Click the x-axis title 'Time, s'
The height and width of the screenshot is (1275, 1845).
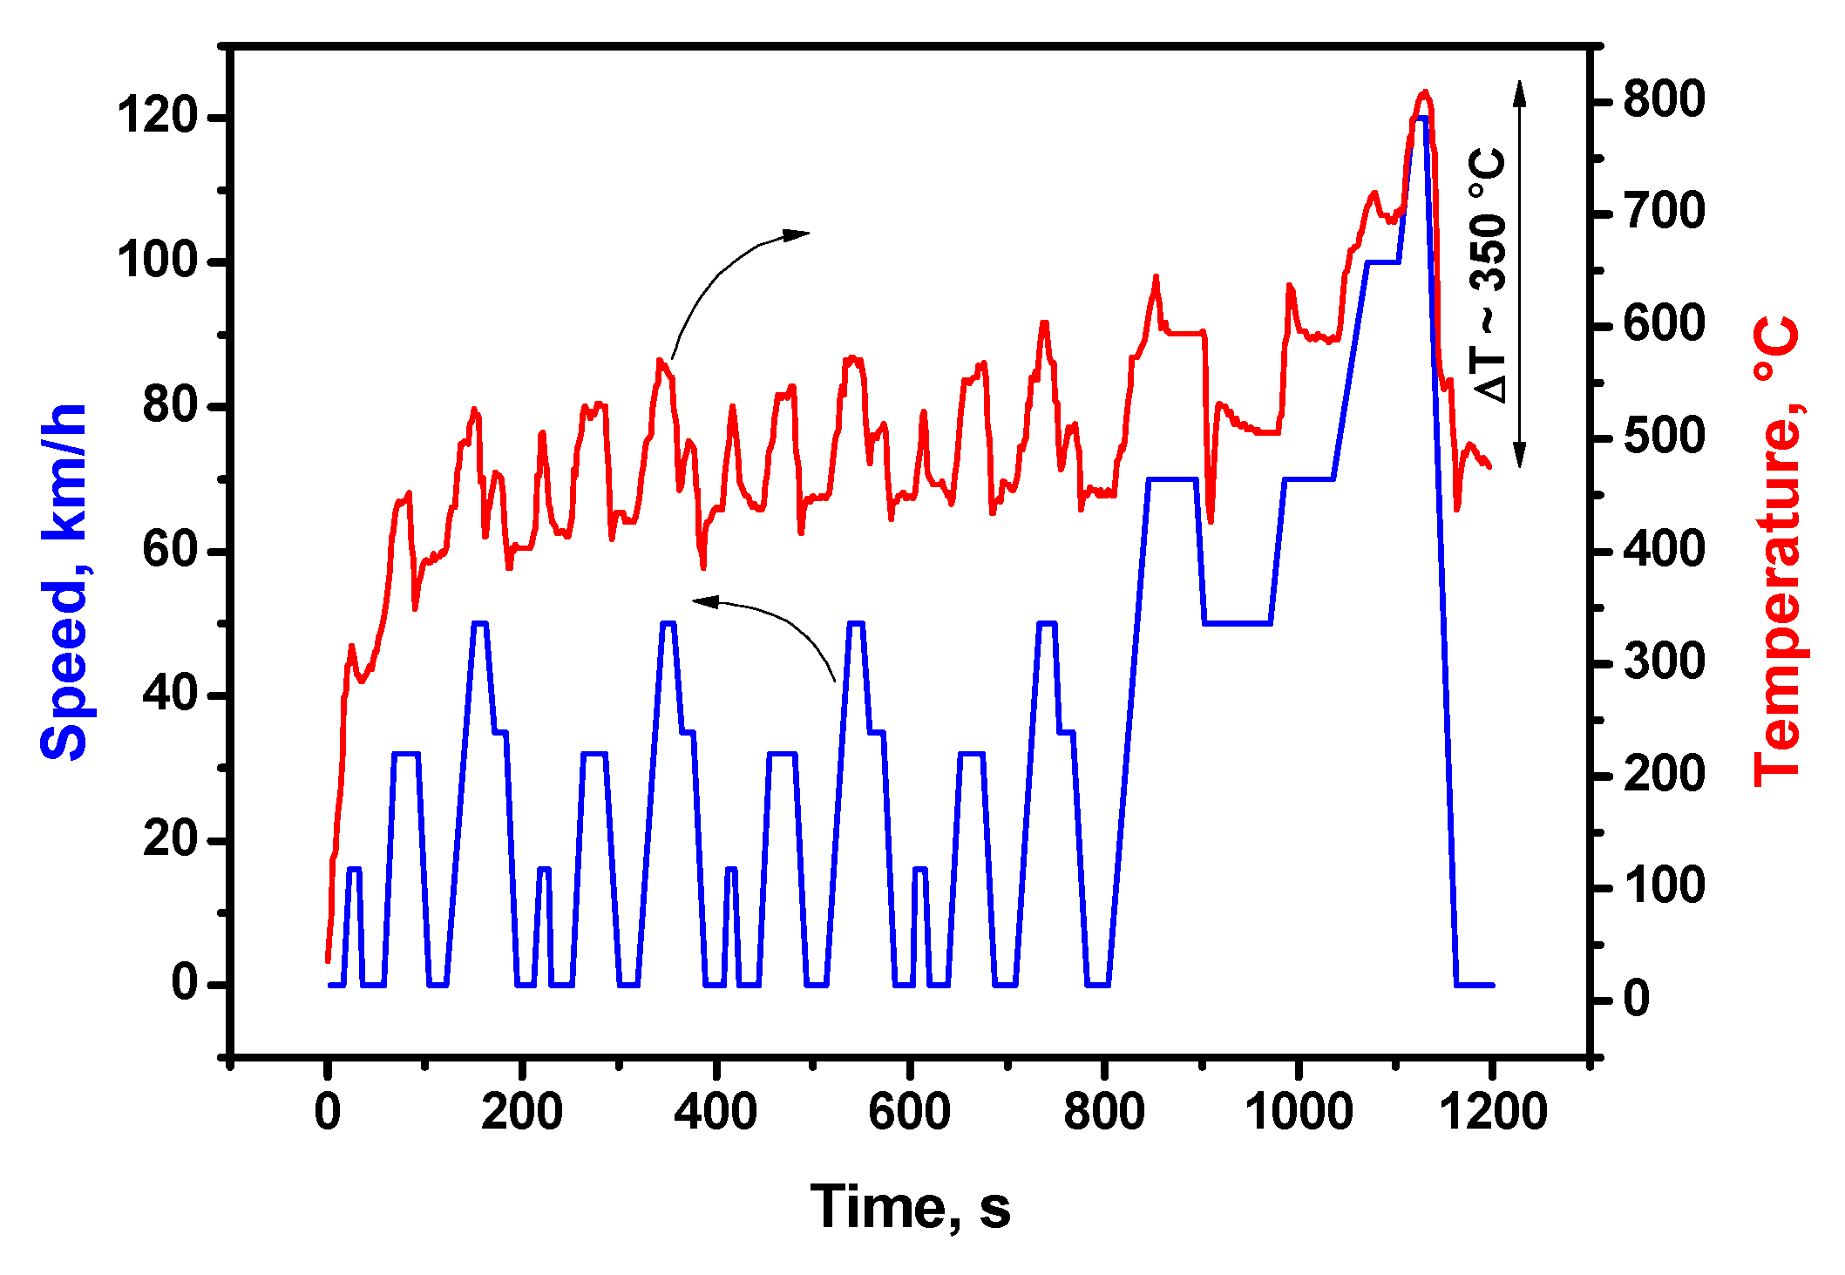[910, 1207]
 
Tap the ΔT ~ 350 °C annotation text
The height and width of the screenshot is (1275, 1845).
[1489, 275]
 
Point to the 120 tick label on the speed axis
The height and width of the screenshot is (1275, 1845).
[158, 116]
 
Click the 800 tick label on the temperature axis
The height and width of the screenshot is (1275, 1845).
[1663, 100]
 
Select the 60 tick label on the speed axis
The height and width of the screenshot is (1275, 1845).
[171, 551]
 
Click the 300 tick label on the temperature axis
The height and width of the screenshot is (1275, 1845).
[1663, 663]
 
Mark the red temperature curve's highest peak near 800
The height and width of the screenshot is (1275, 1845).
[1424, 92]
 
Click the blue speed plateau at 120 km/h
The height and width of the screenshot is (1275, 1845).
[1421, 118]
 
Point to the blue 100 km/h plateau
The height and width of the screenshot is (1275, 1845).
[1382, 261]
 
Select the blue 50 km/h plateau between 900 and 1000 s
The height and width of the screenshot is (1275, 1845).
[1237, 623]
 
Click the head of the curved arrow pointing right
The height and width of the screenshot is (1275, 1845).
[797, 234]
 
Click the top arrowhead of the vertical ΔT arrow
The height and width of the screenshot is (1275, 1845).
[1519, 91]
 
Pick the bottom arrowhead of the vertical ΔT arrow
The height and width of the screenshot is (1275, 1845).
[1519, 457]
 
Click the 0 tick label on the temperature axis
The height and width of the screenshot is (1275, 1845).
[1636, 1000]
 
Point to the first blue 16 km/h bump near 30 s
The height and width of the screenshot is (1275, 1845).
[354, 869]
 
